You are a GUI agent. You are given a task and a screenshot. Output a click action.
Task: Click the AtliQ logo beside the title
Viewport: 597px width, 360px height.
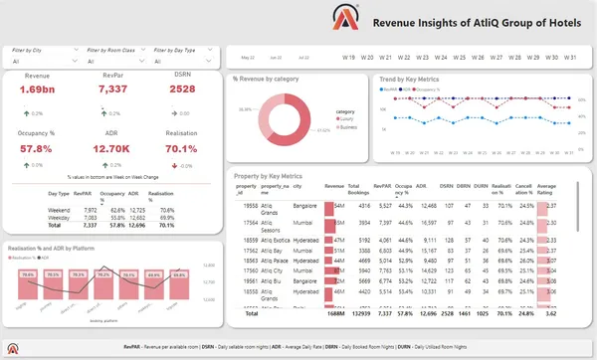pos(345,17)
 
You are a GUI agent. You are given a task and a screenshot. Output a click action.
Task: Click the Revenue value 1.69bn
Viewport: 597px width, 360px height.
pos(38,90)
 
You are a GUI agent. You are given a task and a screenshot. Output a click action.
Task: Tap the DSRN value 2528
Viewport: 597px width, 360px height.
pos(182,90)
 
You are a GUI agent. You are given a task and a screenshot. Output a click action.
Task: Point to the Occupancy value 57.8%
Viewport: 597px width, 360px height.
pos(38,148)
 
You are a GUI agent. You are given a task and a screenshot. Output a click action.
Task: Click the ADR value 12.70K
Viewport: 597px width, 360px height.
pos(112,148)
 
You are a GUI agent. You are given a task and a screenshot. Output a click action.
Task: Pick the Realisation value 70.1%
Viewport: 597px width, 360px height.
pos(182,148)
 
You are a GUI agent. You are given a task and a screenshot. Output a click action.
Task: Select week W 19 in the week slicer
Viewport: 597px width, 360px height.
pos(348,57)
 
